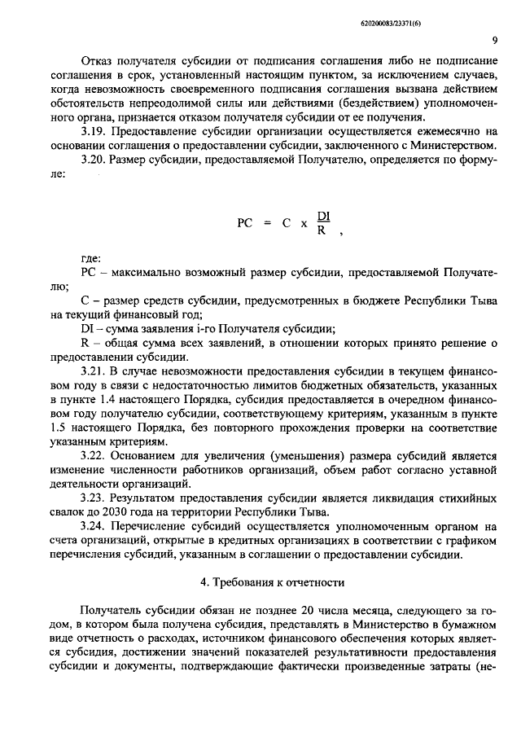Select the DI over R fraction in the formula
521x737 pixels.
[322, 222]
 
